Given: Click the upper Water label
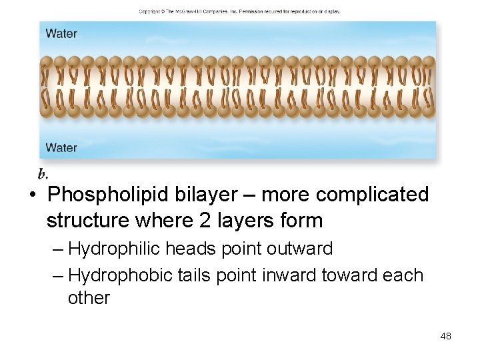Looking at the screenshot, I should (61, 34).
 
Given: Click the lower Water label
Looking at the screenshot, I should (61, 147).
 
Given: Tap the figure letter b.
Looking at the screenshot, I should (43, 175).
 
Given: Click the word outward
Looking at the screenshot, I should (299, 249).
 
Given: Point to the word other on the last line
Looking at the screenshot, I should (89, 298).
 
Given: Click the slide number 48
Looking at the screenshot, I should (445, 336).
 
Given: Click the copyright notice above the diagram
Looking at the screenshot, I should (239, 11).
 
